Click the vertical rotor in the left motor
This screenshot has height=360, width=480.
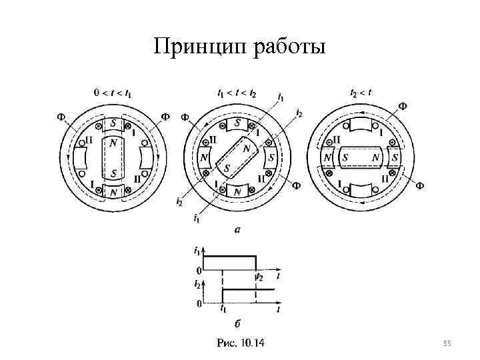(x=113, y=158)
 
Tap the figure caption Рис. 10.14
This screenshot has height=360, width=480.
(x=240, y=343)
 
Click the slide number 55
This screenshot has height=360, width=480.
(x=447, y=343)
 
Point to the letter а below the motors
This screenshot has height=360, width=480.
(x=237, y=229)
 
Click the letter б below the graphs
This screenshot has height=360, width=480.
(x=238, y=324)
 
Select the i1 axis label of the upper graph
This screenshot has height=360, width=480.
(x=197, y=251)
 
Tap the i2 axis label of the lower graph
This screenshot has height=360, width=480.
(x=197, y=285)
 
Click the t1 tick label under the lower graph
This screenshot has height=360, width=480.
(x=223, y=310)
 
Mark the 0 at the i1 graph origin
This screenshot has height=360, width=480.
(x=198, y=271)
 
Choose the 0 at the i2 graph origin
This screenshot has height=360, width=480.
(x=198, y=304)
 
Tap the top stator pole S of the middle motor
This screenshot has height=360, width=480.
(x=237, y=123)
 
